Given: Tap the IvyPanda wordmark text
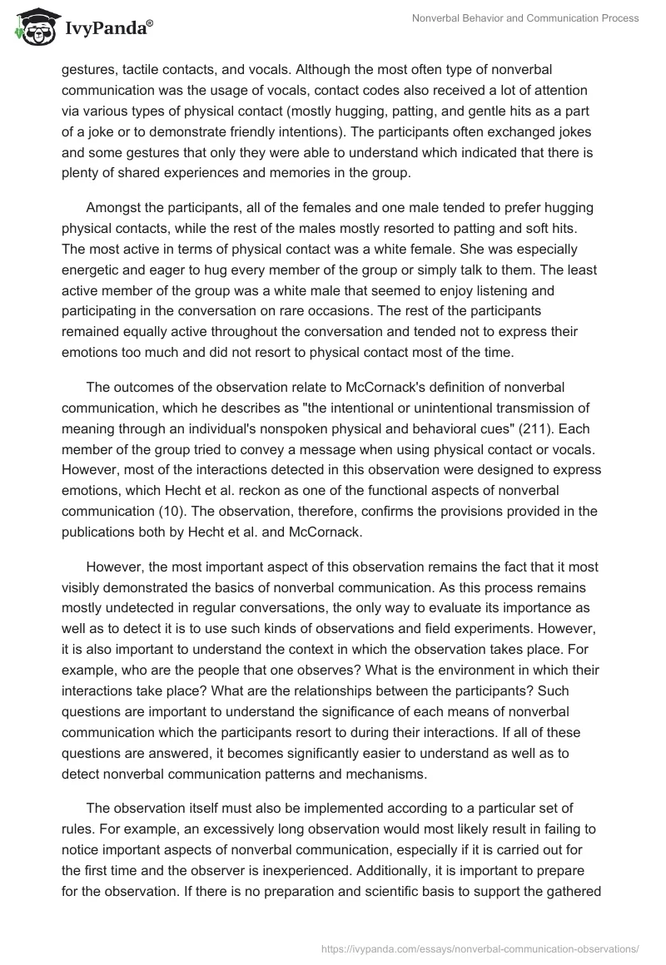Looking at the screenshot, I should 106,29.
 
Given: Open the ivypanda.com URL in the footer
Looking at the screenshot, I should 480,948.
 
